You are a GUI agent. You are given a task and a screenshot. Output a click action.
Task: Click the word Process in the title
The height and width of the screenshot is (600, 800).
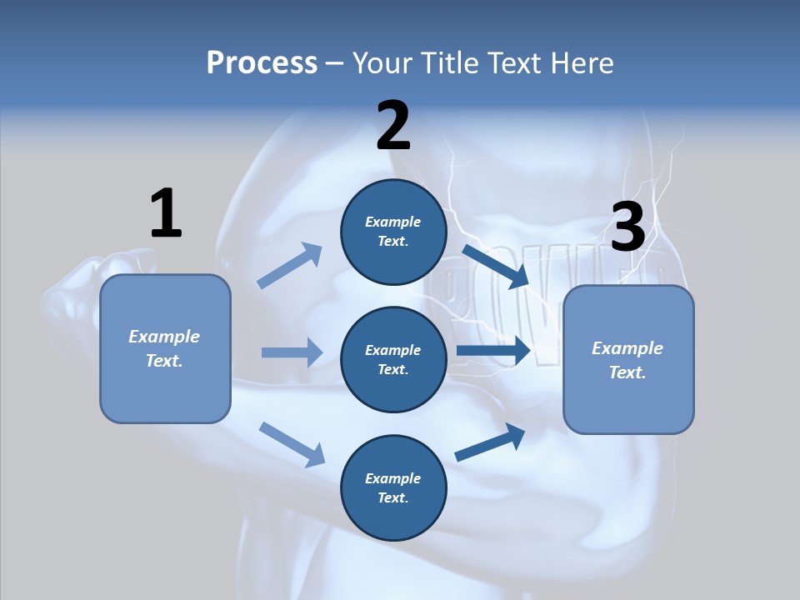(262, 63)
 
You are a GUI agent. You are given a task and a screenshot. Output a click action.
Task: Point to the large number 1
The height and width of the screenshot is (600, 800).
(166, 213)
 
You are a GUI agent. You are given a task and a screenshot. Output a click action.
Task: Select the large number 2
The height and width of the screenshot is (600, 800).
(393, 126)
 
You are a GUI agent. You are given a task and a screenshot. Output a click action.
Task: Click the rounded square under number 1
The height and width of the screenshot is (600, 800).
(165, 348)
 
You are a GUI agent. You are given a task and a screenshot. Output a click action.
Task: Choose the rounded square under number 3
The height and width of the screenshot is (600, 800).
(628, 359)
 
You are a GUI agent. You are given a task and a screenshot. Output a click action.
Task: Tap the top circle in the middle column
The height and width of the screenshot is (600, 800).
(393, 232)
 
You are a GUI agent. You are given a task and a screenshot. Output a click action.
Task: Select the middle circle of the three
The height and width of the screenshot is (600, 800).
(393, 359)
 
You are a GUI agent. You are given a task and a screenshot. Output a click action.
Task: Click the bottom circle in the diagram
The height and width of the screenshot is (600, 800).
(393, 487)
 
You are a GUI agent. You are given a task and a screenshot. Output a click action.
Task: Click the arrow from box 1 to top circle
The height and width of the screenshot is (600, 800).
(290, 266)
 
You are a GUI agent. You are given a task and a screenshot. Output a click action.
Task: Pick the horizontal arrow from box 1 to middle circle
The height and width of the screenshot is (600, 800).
(292, 352)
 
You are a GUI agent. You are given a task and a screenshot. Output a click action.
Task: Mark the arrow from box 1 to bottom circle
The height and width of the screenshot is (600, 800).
(292, 444)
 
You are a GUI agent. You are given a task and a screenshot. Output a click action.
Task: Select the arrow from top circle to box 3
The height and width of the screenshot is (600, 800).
(495, 266)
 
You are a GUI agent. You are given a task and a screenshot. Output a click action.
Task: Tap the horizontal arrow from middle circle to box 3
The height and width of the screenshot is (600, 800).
(493, 351)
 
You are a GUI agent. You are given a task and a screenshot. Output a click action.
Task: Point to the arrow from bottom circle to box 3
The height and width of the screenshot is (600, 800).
(490, 442)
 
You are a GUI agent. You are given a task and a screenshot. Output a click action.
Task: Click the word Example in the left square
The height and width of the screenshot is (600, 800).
(164, 337)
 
